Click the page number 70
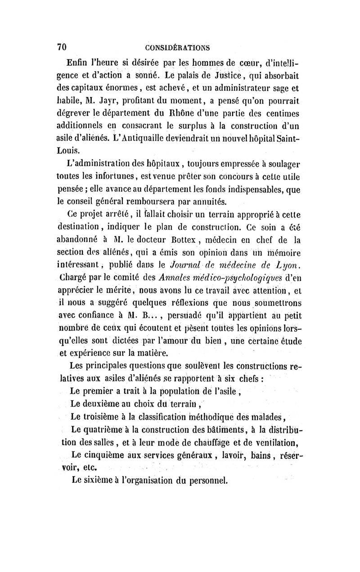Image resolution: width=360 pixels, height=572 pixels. [62, 47]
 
